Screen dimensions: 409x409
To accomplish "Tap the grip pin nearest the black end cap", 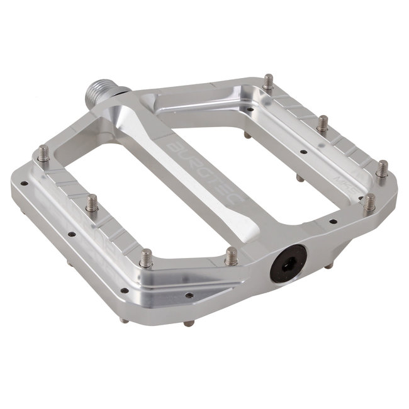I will point(231,255).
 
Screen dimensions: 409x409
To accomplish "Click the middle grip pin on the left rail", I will point(92,203).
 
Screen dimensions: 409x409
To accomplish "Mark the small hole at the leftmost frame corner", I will point(24,184).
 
